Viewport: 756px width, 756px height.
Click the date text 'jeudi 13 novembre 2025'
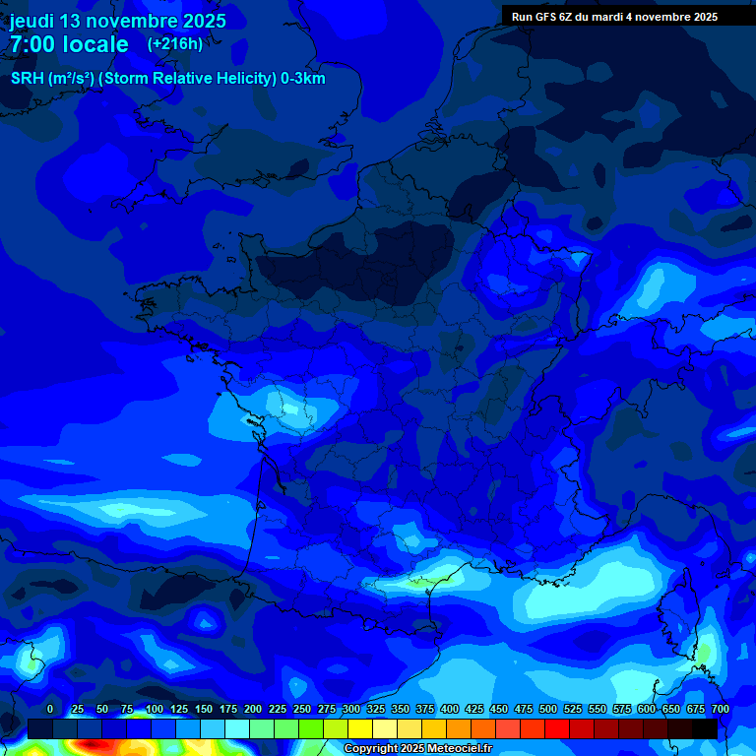[x=118, y=21]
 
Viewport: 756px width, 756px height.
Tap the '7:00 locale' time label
[x=69, y=44]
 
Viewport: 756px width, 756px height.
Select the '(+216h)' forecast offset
[x=175, y=43]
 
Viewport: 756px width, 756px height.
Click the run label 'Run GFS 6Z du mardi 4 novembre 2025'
[x=614, y=16]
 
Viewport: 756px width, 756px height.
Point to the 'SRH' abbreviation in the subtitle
[x=27, y=79]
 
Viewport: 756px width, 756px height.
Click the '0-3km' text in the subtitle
[x=302, y=79]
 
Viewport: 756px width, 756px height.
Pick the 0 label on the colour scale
[x=50, y=709]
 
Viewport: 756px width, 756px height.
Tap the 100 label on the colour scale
[x=155, y=709]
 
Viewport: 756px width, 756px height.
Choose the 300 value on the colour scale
[x=351, y=709]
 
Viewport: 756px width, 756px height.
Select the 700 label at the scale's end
[x=720, y=709]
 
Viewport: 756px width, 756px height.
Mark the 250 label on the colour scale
[x=302, y=709]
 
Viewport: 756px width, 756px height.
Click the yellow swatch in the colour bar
[x=360, y=728]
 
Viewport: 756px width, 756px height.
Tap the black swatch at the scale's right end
[x=705, y=728]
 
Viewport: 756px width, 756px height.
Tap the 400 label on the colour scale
[x=450, y=709]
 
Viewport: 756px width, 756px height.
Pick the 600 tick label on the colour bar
[x=647, y=709]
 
